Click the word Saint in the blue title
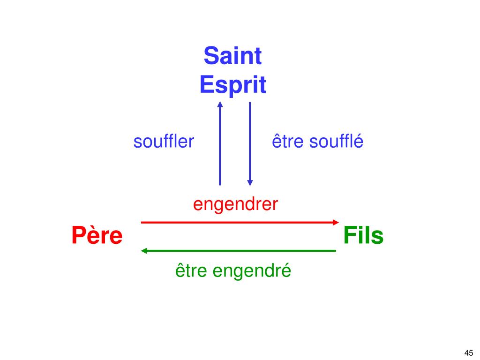(232, 56)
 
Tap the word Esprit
(232, 85)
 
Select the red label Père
(97, 236)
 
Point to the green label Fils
(363, 236)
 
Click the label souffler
(164, 142)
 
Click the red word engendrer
(236, 204)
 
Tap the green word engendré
(254, 271)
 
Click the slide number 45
(468, 353)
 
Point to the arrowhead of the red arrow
(335, 222)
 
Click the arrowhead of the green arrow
(144, 251)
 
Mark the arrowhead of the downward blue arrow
(250, 182)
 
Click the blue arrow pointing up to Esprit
(220, 145)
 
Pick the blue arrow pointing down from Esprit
(250, 141)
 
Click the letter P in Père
(78, 236)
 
